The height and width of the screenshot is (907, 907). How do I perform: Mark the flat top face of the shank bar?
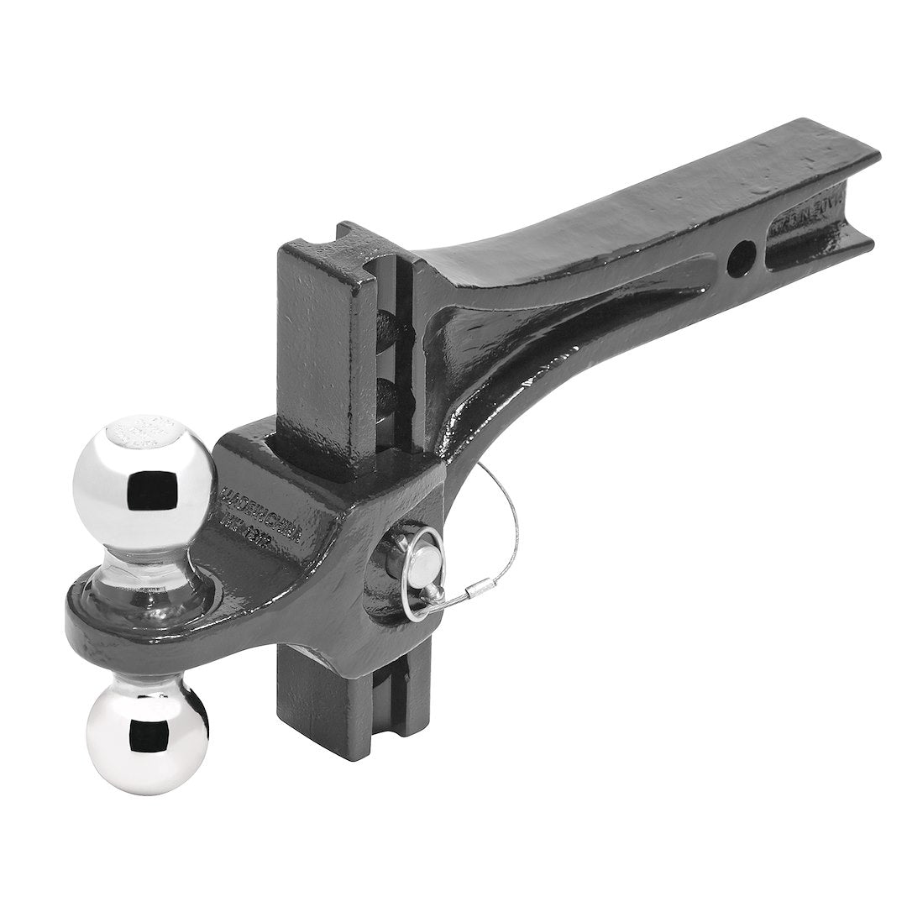[x=672, y=193]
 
